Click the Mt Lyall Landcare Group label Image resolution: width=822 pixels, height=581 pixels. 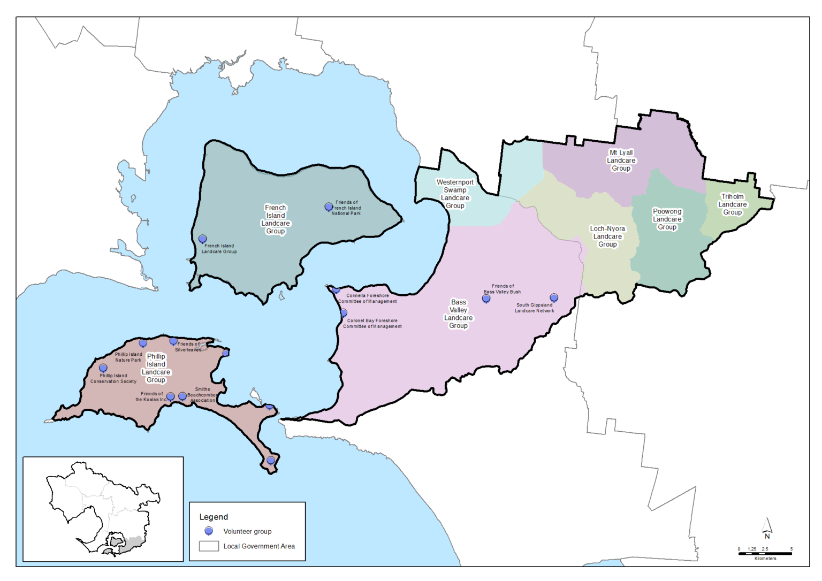coord(621,160)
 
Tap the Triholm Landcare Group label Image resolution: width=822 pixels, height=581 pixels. coord(732,204)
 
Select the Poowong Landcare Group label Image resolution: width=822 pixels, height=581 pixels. coord(667,219)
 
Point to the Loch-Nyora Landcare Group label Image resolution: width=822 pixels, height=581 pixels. coord(607,236)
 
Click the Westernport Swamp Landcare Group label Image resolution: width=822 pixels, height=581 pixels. coord(455,194)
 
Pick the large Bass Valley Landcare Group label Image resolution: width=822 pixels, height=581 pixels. coord(458,314)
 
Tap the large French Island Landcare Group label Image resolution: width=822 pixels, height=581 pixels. coord(276,219)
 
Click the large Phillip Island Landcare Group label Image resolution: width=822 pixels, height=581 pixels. coord(156,368)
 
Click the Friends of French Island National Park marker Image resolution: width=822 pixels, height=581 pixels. coord(329,207)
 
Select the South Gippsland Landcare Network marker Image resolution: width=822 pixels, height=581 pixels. coord(554,297)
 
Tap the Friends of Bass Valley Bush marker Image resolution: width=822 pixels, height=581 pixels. coord(486,299)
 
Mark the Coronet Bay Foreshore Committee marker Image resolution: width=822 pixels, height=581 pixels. coord(344,312)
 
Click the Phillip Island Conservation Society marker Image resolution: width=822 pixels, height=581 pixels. coord(103,368)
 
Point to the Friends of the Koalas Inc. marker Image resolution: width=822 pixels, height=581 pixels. coord(170,396)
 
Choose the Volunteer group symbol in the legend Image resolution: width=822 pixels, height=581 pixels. coord(209,531)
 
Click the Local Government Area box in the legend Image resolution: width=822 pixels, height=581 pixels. coord(209,546)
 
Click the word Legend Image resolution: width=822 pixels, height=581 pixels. coord(214,517)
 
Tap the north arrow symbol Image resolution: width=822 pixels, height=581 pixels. coord(767,528)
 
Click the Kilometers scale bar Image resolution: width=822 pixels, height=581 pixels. coord(765,554)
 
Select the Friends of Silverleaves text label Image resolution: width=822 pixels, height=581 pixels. coord(188,347)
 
